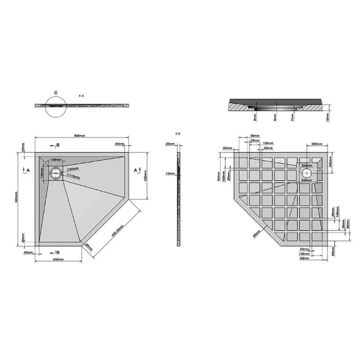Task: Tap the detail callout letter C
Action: (x=56, y=93)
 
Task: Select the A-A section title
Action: (x=82, y=96)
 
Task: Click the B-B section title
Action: (x=178, y=133)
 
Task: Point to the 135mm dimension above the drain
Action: (x=55, y=160)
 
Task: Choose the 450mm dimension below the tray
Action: (x=58, y=260)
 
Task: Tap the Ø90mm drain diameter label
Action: (x=74, y=169)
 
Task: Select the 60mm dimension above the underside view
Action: (x=254, y=136)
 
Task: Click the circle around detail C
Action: (x=56, y=106)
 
